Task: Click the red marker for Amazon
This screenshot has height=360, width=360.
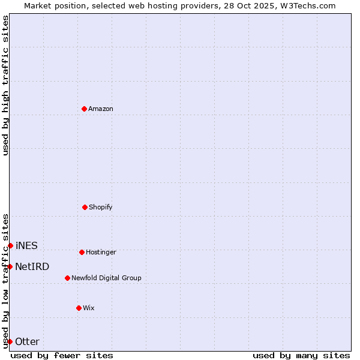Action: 84,109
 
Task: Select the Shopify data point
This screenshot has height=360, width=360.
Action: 85,207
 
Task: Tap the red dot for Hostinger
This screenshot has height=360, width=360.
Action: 82,252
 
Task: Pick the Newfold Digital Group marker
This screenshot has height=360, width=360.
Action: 67,278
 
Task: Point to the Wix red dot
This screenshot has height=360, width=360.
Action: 79,308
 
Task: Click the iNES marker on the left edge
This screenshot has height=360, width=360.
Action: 10,245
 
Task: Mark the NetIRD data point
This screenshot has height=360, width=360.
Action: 10,266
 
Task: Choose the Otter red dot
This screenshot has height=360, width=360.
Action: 10,341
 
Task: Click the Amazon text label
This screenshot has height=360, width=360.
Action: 101,109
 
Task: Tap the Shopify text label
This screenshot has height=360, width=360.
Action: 101,208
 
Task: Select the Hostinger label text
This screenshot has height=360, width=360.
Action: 101,253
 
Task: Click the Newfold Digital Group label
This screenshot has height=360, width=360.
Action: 106,278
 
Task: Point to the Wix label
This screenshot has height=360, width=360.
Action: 89,308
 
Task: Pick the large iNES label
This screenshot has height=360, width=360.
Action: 26,246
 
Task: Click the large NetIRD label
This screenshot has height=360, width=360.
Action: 32,267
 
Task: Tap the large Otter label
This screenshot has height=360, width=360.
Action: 28,342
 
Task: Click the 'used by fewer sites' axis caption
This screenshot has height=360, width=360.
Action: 62,355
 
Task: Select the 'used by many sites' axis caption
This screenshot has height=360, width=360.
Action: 301,355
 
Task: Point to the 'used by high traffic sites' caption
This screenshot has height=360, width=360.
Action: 5,86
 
